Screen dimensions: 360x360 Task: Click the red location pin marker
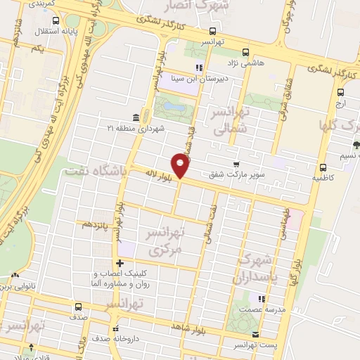tap(181, 166)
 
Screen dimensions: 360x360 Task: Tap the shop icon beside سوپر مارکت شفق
tap(245, 163)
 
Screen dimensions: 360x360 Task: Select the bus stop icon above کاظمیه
tap(323, 168)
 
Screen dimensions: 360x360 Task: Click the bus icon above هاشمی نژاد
tap(245, 52)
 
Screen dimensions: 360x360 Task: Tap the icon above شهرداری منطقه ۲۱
tap(135, 117)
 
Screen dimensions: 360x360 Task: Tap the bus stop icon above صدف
tap(77, 307)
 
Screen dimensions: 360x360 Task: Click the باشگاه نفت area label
tap(94, 171)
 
